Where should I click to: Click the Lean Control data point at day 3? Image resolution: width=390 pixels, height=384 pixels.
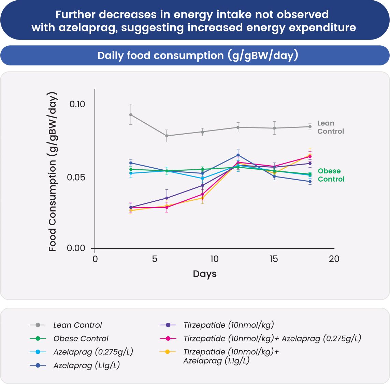point(131,115)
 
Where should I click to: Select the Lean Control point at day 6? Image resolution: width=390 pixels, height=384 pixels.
point(167,136)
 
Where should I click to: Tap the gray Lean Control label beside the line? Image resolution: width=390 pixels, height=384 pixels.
point(330,127)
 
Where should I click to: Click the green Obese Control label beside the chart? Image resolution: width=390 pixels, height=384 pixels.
point(331,175)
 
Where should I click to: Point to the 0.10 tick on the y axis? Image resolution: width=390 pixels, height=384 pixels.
point(77,104)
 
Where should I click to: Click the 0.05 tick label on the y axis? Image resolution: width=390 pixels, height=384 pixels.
point(77,178)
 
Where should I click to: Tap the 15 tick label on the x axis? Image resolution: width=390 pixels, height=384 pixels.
point(274,259)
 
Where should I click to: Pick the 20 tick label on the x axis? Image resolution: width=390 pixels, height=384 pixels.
point(334,259)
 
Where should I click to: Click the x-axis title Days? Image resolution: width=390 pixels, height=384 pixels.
point(205,274)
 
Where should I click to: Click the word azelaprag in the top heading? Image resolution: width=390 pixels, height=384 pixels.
point(88,28)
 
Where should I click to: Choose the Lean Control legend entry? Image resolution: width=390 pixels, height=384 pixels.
point(77,325)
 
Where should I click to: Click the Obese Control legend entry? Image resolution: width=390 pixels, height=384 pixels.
point(81,339)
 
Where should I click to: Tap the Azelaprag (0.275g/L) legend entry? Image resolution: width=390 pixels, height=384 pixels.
point(93,352)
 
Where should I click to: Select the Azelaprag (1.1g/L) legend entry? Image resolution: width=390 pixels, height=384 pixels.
point(86,366)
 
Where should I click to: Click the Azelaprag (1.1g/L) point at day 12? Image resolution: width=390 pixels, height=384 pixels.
point(238,155)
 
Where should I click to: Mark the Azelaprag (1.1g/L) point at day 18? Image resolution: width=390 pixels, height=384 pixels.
point(310,182)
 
